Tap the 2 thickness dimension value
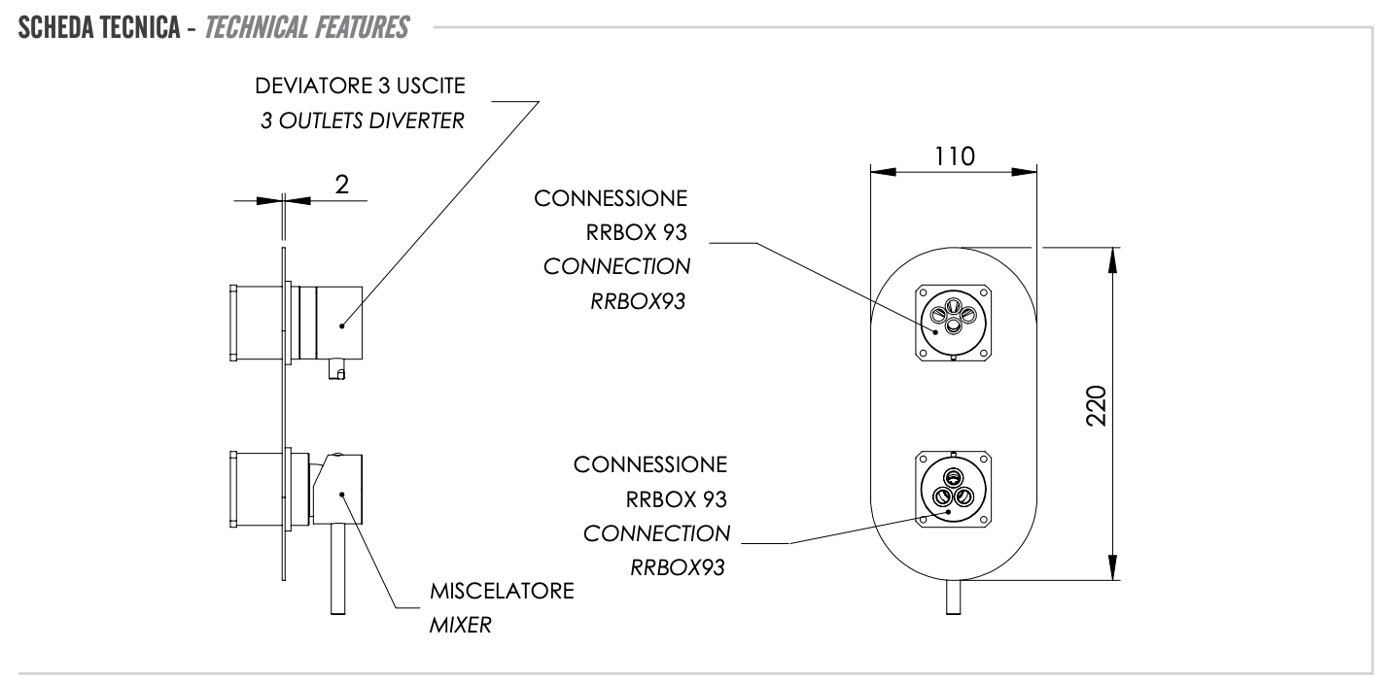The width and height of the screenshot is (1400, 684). pos(341,187)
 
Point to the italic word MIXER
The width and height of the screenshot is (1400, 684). pos(460,626)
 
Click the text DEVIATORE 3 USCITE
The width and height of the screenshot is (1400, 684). pos(361,86)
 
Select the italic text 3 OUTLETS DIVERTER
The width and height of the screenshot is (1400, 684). pos(363,122)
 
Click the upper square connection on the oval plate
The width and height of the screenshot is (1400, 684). pos(954,322)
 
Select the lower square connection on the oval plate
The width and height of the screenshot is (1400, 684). pos(954,490)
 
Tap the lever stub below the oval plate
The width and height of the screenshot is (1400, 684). pos(954,597)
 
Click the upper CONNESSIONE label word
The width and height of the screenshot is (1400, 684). pos(611,199)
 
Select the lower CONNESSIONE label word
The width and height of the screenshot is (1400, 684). pos(650,464)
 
